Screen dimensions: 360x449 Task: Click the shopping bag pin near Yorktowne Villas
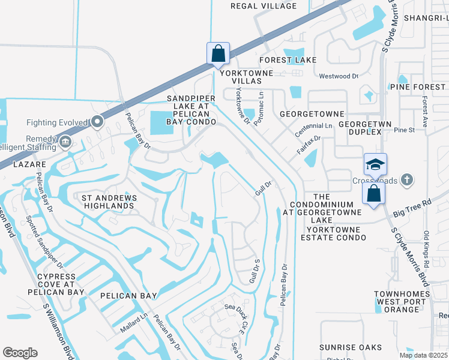pyautogui.click(x=218, y=53)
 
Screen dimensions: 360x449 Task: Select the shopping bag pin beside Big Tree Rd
pyautogui.click(x=373, y=193)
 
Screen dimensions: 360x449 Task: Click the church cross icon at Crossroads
pyautogui.click(x=407, y=179)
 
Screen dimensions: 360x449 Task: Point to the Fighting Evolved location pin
pyautogui.click(x=97, y=122)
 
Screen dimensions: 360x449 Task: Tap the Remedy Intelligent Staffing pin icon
pyautogui.click(x=65, y=143)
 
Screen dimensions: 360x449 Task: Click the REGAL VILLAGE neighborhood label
pyautogui.click(x=264, y=6)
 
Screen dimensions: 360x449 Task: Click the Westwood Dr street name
pyautogui.click(x=338, y=76)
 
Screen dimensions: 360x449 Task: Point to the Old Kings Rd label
pyautogui.click(x=426, y=249)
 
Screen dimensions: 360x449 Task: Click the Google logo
pyautogui.click(x=20, y=353)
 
